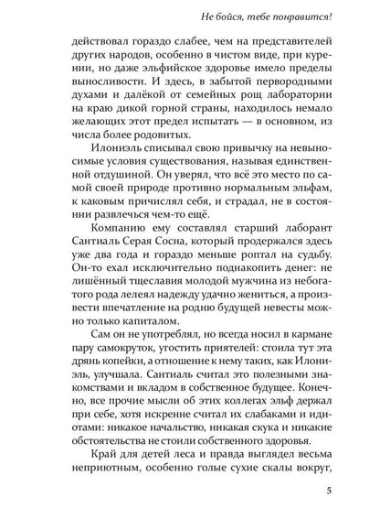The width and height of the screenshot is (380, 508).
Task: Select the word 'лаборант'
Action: point(292,265)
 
